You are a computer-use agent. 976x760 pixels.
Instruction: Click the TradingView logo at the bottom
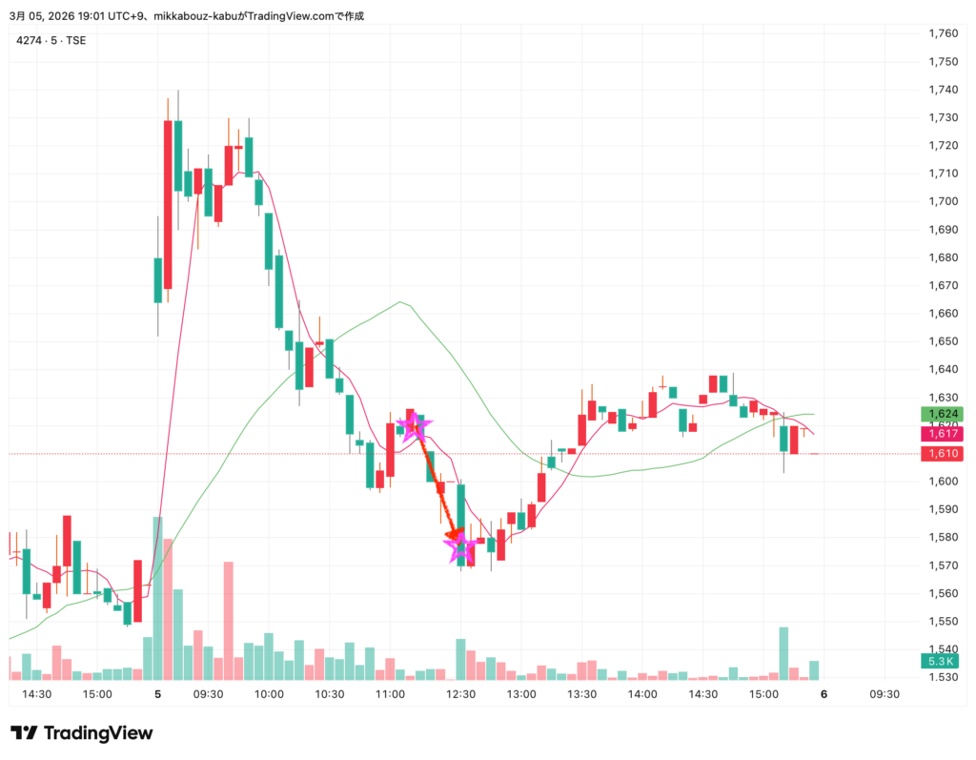82,733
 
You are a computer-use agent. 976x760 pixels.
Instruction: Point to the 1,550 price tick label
943,622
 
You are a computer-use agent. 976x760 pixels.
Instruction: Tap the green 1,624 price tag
943,415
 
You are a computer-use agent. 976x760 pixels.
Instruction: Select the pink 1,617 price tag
943,434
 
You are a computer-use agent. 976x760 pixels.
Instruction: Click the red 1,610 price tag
943,454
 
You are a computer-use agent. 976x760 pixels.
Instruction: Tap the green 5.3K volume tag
942,662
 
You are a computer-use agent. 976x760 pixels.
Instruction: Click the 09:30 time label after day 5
208,695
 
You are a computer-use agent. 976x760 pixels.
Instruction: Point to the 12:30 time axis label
461,695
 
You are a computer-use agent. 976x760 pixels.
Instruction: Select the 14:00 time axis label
642,695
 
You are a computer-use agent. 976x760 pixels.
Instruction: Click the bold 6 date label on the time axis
823,695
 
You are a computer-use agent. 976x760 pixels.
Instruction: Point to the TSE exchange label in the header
75,40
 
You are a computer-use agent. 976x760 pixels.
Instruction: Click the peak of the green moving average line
401,303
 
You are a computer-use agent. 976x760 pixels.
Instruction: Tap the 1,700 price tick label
943,201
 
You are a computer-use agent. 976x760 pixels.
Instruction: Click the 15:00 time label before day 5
97,695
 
